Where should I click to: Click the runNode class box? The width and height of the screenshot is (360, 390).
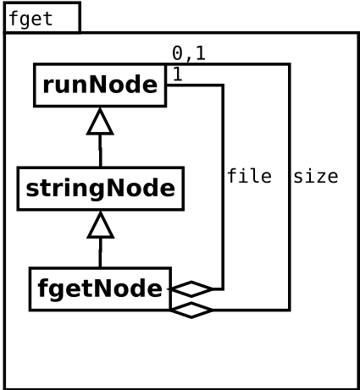tap(100, 85)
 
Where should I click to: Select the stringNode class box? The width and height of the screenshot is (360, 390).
tap(101, 189)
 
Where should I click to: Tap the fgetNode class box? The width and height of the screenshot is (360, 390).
tap(100, 289)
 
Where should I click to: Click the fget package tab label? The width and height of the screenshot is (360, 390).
tap(30, 19)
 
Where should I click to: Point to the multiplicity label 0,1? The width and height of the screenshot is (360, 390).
tap(189, 53)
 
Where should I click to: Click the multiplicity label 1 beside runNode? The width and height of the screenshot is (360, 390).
tap(177, 74)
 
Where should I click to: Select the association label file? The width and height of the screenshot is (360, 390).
tap(249, 176)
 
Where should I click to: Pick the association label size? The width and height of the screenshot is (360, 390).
tap(316, 177)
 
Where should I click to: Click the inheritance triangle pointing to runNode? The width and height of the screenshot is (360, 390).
tap(100, 122)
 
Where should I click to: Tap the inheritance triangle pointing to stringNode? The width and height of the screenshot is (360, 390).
tap(101, 225)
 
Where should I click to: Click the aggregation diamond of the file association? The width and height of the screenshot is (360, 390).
tap(191, 289)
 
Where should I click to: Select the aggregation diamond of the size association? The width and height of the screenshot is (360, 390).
tap(191, 310)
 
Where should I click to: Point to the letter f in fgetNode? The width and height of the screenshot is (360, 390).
tap(42, 288)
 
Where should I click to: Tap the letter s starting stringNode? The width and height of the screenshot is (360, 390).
tap(31, 190)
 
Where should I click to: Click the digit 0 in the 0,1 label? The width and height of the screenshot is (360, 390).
tap(178, 53)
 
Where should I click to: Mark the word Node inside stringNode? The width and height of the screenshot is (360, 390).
tap(140, 188)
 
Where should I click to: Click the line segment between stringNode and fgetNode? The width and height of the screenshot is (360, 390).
tap(100, 253)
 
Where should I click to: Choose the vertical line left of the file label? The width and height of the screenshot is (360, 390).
tap(223, 187)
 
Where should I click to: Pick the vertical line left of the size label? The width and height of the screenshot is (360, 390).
tap(289, 187)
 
